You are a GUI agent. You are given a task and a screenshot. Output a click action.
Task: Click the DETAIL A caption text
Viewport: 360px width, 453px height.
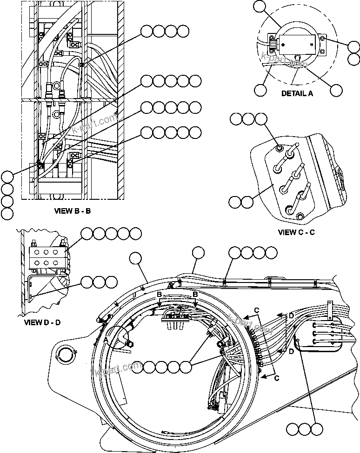click(x=297, y=93)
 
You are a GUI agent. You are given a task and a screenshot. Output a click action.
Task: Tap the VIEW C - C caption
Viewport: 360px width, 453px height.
click(x=296, y=232)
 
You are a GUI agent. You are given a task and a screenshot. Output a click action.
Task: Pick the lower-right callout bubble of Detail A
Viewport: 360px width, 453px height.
click(x=335, y=90)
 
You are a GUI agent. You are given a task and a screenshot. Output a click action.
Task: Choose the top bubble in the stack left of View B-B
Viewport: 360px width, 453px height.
click(x=7, y=177)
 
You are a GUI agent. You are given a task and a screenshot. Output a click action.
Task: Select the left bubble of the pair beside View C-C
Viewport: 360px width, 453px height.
click(x=235, y=202)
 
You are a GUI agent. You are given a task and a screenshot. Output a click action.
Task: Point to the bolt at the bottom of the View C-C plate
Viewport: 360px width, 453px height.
click(x=300, y=216)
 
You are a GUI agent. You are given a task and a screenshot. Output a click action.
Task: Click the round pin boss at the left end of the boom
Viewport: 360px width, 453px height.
click(x=64, y=355)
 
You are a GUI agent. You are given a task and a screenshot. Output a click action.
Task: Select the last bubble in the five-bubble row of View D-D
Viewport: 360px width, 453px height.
click(x=136, y=233)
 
